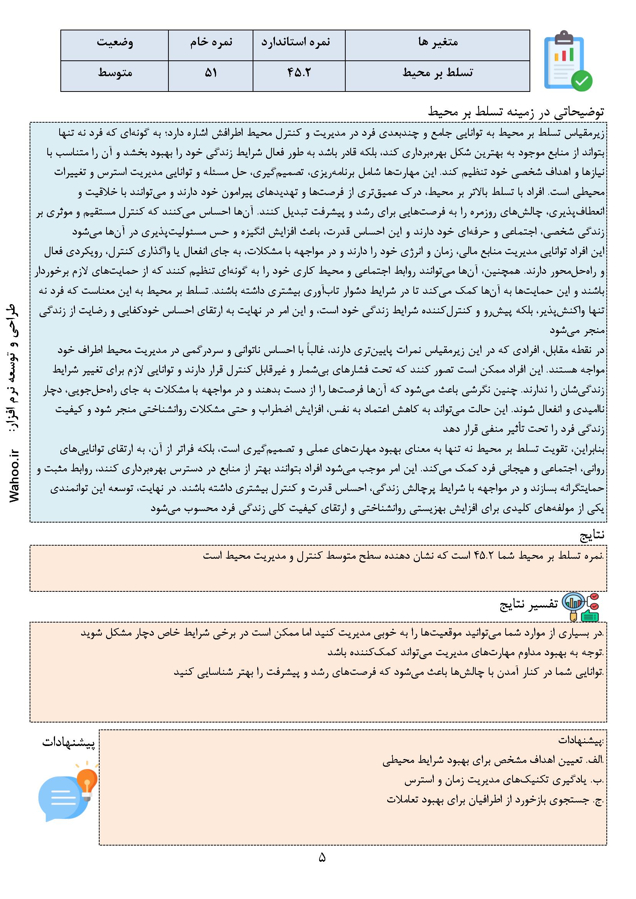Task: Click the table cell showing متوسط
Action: tap(115, 73)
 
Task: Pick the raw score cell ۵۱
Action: tap(211, 73)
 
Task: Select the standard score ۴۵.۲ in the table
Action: tap(298, 73)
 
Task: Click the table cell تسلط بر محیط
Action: tap(438, 73)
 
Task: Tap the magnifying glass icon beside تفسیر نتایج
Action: tap(572, 605)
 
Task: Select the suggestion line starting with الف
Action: tap(493, 761)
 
